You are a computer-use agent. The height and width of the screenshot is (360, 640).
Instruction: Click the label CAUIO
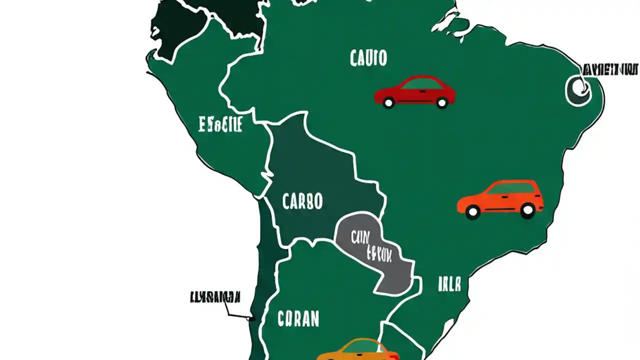pos(368,58)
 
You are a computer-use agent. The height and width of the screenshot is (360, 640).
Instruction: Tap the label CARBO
pos(302,201)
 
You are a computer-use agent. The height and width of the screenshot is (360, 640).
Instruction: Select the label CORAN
pos(298,318)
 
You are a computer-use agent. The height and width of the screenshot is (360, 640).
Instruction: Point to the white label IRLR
pos(449,284)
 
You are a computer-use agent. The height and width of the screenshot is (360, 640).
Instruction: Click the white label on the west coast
pos(220,124)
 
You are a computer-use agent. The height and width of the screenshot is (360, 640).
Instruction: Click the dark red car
pos(414,92)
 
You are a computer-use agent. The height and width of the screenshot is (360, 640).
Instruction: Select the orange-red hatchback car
pos(500,199)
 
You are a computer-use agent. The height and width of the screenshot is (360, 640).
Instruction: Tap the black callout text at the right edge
pos(610,69)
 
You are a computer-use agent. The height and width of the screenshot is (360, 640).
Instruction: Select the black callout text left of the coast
pos(215,297)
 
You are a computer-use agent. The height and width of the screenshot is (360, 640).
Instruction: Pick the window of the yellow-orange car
pos(362,346)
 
